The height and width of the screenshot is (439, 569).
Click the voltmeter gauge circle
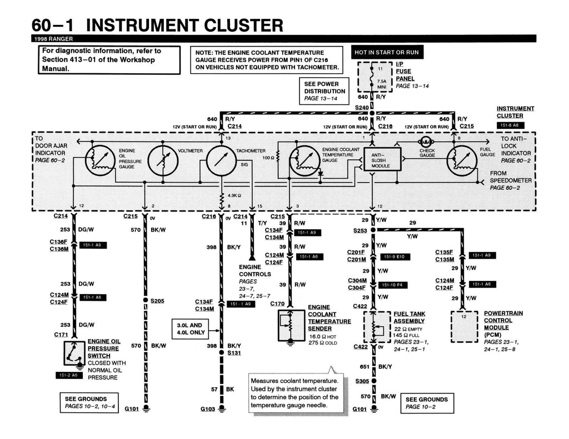click(162, 161)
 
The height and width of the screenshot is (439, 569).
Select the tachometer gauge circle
click(221, 161)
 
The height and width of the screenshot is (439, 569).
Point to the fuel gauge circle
click(462, 160)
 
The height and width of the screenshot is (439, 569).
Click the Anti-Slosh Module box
click(381, 160)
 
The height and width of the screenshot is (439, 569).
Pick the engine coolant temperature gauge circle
click(305, 161)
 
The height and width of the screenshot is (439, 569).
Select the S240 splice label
click(361, 107)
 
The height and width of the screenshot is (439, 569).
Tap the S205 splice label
click(158, 300)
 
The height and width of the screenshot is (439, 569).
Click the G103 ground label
click(207, 409)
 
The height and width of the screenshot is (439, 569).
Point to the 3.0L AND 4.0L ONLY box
click(189, 329)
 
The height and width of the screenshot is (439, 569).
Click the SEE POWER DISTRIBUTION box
click(325, 91)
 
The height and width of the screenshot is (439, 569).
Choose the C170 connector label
click(277, 304)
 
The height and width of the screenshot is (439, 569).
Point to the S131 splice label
click(234, 353)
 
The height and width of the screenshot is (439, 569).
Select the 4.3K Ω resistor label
click(233, 195)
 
